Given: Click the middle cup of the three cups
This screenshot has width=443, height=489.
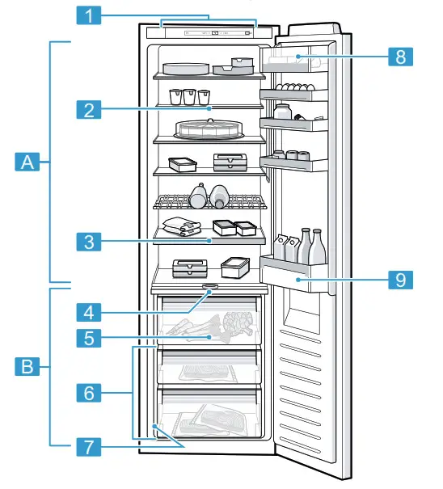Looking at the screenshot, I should (189, 96).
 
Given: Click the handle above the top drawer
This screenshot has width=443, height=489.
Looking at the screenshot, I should (210, 286).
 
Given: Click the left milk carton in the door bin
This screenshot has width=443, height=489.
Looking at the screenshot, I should (279, 246).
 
